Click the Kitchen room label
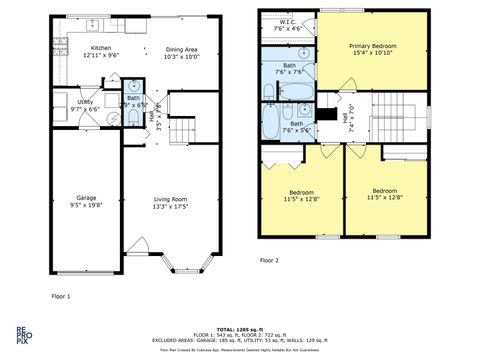coord(102,51)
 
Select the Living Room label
coord(169,201)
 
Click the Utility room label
coord(85,105)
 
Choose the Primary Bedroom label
coord(371,50)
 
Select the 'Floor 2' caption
coord(269,259)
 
